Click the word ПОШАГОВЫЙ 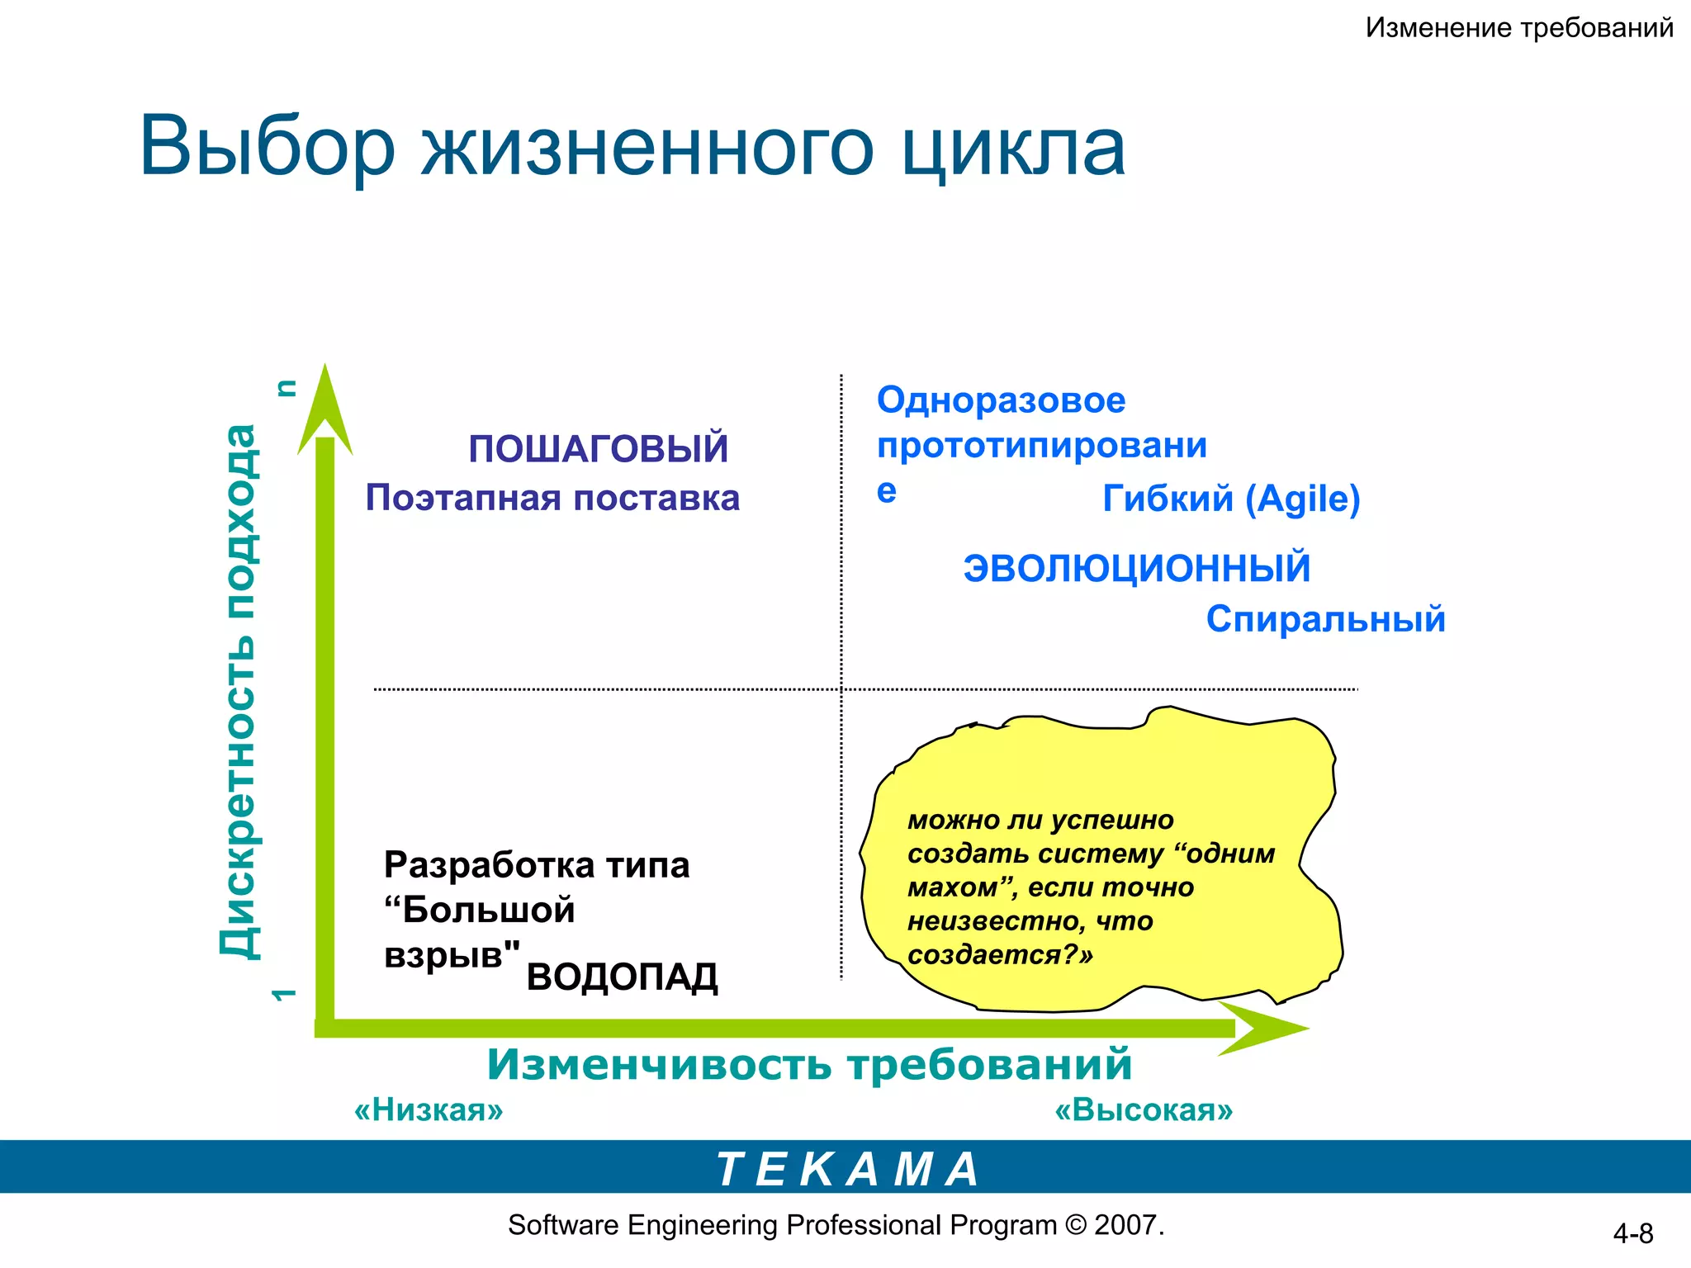pyautogui.click(x=599, y=449)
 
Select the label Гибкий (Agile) pyautogui.click(x=1231, y=499)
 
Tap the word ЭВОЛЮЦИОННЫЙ pyautogui.click(x=1137, y=569)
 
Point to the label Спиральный pyautogui.click(x=1325, y=619)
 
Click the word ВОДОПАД pyautogui.click(x=622, y=977)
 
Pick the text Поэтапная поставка pyautogui.click(x=552, y=499)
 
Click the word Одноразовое pyautogui.click(x=1001, y=400)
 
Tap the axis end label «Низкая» pyautogui.click(x=429, y=1109)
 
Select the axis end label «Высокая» pyautogui.click(x=1144, y=1109)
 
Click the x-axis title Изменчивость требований pyautogui.click(x=809, y=1064)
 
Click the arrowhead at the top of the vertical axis pyautogui.click(x=325, y=405)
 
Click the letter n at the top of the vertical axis pyautogui.click(x=286, y=388)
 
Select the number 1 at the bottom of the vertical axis pyautogui.click(x=283, y=995)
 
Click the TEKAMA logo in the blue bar pyautogui.click(x=847, y=1169)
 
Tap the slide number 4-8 pyautogui.click(x=1632, y=1233)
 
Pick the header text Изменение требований pyautogui.click(x=1518, y=28)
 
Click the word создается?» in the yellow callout pyautogui.click(x=1000, y=955)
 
